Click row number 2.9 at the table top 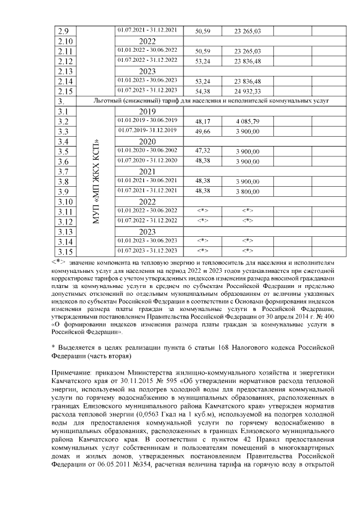[x=64, y=30]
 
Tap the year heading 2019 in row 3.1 [x=147, y=111]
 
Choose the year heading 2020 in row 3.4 [x=147, y=142]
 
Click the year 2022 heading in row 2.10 [x=147, y=41]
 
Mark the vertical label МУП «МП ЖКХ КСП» [x=96, y=182]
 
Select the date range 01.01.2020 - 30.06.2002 [x=147, y=151]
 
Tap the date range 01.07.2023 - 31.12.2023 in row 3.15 [x=147, y=251]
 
